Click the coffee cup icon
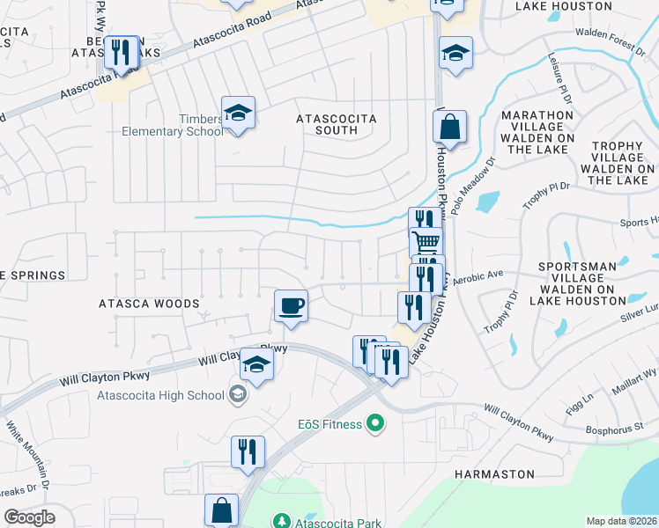tap(291, 306)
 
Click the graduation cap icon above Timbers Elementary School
tap(238, 113)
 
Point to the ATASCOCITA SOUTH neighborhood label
tap(337, 124)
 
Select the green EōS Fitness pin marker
tap(375, 424)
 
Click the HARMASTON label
tap(494, 474)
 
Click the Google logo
tap(29, 517)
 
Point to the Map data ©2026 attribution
tap(620, 521)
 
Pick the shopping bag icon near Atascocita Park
tap(221, 510)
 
